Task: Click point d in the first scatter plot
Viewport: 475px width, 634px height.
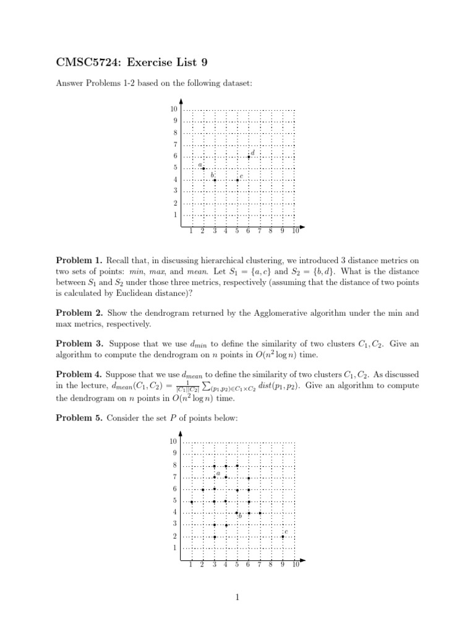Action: click(249, 157)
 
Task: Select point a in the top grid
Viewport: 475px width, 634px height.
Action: click(203, 168)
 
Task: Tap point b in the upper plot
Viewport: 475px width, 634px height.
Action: click(215, 180)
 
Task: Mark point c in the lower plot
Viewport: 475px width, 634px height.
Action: click(283, 537)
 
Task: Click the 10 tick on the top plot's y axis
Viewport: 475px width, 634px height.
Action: click(174, 110)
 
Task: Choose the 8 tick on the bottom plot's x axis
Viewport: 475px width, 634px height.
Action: click(272, 565)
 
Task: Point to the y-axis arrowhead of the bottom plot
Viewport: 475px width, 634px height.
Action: click(181, 434)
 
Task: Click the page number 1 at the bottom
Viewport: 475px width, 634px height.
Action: click(237, 597)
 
